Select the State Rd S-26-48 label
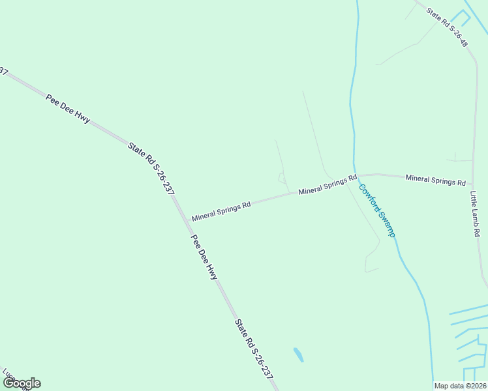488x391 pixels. point(448,27)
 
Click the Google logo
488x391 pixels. point(21,383)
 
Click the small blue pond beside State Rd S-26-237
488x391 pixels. point(298,355)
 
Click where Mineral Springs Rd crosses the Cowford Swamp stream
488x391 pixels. point(354,175)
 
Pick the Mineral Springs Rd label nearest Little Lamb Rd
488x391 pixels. point(435,180)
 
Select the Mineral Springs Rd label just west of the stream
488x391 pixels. point(328,185)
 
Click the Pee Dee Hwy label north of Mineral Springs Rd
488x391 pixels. point(68,108)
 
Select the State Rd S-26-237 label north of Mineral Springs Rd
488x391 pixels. point(151,169)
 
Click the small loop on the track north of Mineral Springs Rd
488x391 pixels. point(282,177)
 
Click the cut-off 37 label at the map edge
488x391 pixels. point(3,71)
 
